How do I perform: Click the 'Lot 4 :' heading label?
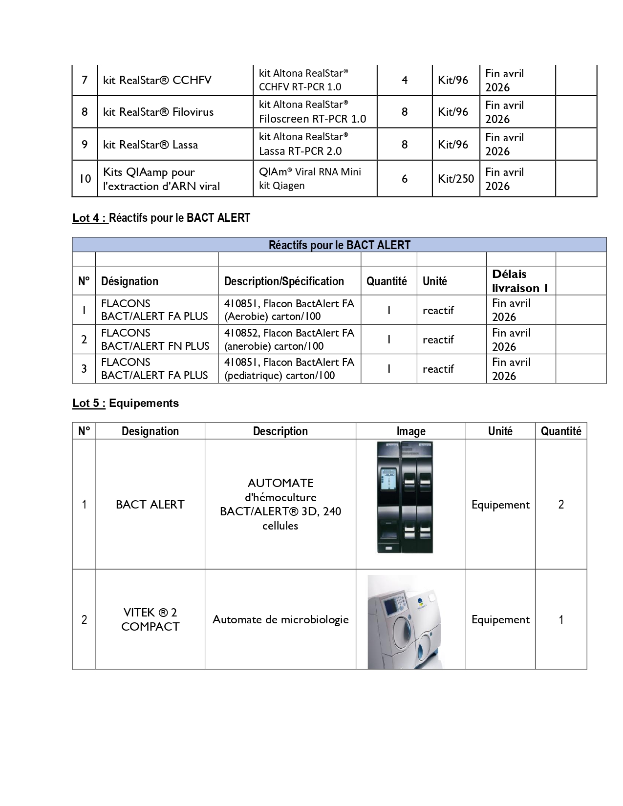point(90,218)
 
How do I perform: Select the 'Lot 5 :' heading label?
point(89,403)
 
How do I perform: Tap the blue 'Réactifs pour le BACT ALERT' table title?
point(339,245)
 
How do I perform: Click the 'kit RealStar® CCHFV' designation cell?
point(157,80)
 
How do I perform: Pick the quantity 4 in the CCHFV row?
point(404,80)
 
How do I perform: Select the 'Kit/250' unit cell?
point(455,179)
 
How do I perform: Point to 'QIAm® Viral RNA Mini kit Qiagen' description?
point(310,178)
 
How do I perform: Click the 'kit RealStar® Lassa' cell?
point(150,145)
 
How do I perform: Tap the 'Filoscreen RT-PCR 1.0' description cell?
point(312,112)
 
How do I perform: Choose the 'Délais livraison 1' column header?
point(519,281)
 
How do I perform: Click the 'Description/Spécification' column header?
point(284,281)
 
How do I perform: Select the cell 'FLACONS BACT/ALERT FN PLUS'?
point(155,339)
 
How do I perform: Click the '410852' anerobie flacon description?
point(289,339)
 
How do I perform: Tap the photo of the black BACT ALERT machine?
point(405,497)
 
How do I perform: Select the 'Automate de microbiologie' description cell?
point(280,620)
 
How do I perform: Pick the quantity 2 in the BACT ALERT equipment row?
point(560,505)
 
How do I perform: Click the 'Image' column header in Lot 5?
point(410,431)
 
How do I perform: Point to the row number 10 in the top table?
point(85,179)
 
